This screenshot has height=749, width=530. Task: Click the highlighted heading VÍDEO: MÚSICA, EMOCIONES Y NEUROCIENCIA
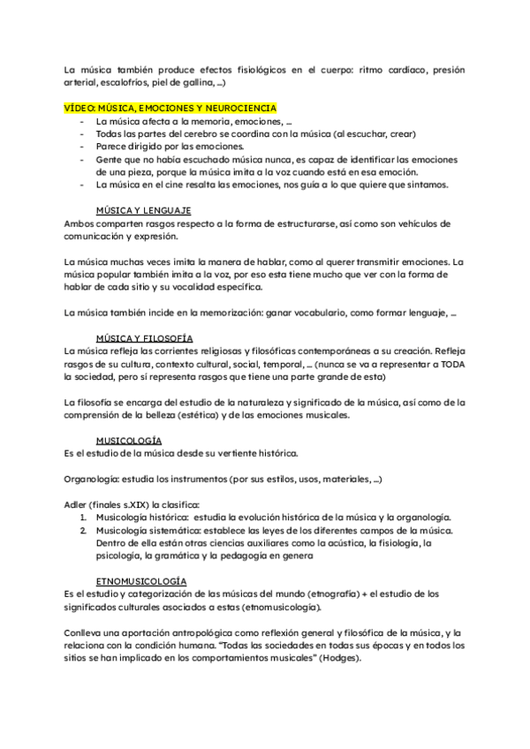coord(170,108)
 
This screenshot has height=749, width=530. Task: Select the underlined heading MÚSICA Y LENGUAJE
coord(143,210)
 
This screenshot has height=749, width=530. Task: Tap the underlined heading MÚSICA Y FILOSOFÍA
coord(145,338)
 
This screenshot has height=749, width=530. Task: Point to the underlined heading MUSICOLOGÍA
coord(130,441)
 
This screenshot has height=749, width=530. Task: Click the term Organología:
coord(95,480)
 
